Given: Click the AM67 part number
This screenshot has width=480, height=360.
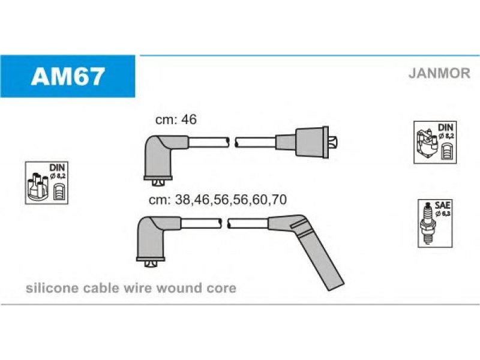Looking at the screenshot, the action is (x=68, y=76).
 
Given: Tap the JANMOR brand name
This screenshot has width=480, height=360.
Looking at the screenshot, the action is (x=439, y=73).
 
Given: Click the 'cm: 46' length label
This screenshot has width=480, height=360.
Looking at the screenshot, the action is (x=176, y=119).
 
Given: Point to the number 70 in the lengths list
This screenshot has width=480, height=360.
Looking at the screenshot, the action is (x=278, y=200).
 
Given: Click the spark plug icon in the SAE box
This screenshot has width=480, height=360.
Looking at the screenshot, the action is (x=428, y=223).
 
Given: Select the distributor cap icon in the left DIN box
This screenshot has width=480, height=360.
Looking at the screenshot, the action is (x=38, y=187).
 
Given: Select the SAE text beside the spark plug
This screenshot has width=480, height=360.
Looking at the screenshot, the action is (x=442, y=205).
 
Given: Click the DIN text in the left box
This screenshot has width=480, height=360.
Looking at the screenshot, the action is (x=57, y=167).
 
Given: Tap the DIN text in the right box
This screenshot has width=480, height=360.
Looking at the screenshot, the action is (x=445, y=127).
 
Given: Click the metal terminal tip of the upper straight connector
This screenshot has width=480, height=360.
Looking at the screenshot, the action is (x=333, y=142).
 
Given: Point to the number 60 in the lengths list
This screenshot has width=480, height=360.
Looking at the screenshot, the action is (x=259, y=200).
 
